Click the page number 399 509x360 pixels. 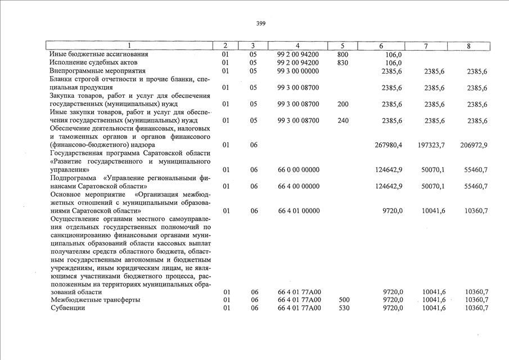click(x=260, y=24)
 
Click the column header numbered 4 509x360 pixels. click(x=298, y=46)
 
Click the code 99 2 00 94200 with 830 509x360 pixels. click(x=298, y=62)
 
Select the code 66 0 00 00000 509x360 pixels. click(x=298, y=169)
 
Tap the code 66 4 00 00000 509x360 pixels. click(x=298, y=186)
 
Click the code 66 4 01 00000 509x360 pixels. click(x=298, y=211)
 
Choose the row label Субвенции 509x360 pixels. click(x=67, y=308)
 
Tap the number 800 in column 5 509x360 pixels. click(x=343, y=55)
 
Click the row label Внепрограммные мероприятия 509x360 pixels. click(x=97, y=71)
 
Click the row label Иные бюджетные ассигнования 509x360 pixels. click(x=99, y=55)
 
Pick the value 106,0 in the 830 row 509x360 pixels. click(x=394, y=62)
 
